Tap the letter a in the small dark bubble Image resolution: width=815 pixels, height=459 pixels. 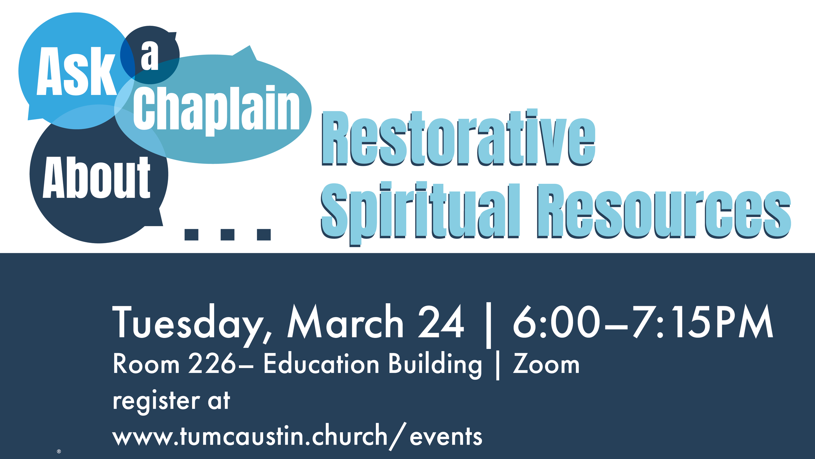[x=150, y=56]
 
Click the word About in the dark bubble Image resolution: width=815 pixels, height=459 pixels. [x=96, y=178]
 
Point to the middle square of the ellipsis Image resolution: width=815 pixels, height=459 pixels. [x=227, y=234]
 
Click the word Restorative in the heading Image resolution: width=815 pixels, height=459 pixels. [x=458, y=138]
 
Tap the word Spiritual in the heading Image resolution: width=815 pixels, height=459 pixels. [x=420, y=211]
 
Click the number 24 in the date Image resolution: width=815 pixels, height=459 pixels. [x=441, y=322]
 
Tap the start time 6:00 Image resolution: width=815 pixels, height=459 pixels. [x=556, y=322]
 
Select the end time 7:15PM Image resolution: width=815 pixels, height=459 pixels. [x=703, y=322]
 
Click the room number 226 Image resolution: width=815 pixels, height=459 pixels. [x=212, y=364]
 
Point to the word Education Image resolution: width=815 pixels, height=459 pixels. [x=321, y=364]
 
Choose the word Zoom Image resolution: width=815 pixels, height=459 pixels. [x=546, y=364]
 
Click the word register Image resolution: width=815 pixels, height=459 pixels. [x=156, y=401]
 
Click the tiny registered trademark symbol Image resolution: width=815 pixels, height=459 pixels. [x=59, y=451]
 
